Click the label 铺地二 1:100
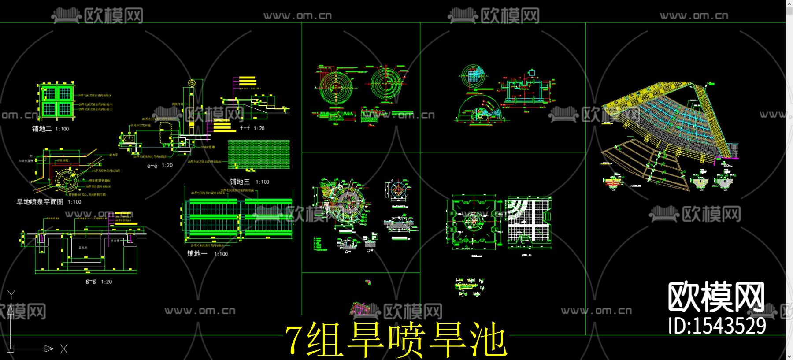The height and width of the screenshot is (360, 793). point(50,129)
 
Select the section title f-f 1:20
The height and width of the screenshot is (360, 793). point(252,128)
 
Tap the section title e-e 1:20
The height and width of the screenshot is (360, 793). point(160,166)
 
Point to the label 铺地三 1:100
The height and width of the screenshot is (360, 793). point(249,182)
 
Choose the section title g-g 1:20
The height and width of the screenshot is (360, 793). point(99,282)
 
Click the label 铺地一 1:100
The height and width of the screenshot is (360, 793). point(207,254)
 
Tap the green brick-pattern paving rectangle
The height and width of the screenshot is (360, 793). point(259,154)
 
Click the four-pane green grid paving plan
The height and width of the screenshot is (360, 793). point(56,101)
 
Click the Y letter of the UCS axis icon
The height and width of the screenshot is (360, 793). point(11,295)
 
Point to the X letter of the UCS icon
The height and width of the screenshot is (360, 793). point(64,349)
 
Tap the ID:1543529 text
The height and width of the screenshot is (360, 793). point(717,326)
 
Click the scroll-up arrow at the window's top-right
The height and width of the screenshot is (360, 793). point(789,4)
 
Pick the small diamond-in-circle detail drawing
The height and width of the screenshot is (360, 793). point(397,190)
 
